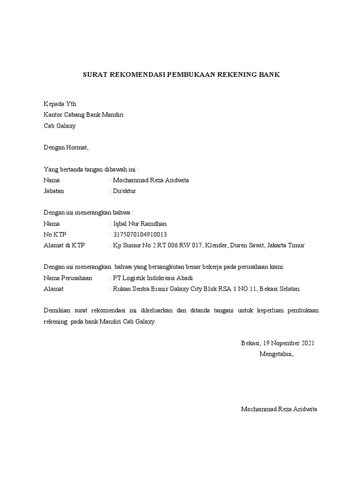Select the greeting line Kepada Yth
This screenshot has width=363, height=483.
click(x=60, y=104)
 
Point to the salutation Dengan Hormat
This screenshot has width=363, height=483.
click(x=66, y=147)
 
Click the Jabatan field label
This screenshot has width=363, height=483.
click(x=53, y=191)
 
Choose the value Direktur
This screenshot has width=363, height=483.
click(x=124, y=191)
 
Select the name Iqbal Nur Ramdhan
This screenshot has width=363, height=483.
click(x=140, y=224)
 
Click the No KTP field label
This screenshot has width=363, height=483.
click(x=55, y=234)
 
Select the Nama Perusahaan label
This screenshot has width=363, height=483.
click(x=68, y=278)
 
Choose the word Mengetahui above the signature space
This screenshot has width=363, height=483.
click(x=277, y=354)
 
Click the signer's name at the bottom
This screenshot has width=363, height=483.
click(x=279, y=409)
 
